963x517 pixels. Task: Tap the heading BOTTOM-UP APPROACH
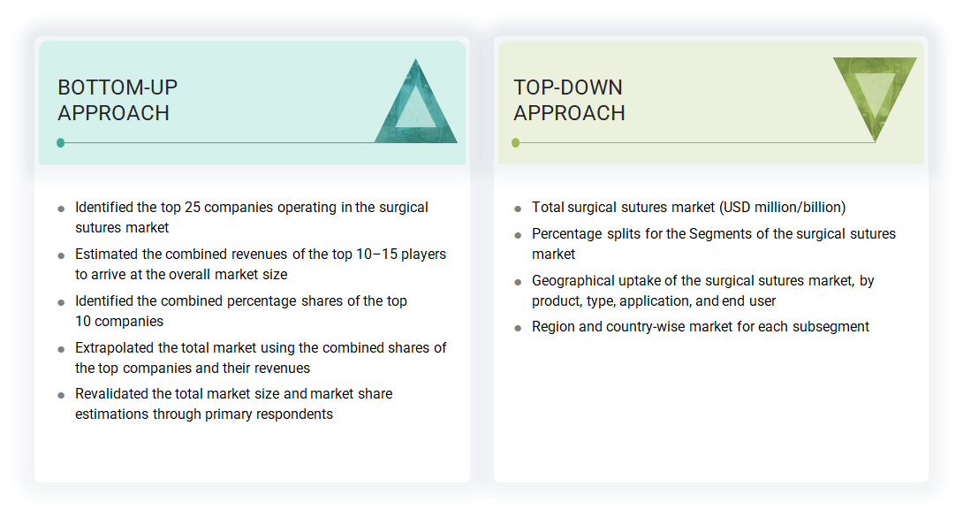pyautogui.click(x=118, y=100)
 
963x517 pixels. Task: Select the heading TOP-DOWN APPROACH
pyautogui.click(x=569, y=100)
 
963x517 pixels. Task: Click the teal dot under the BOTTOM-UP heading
pyautogui.click(x=60, y=142)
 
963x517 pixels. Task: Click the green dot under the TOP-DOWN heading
pyautogui.click(x=516, y=142)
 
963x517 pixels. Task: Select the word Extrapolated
pyautogui.click(x=116, y=348)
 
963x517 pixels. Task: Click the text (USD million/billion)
pyautogui.click(x=783, y=208)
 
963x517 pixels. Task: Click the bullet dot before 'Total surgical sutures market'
pyautogui.click(x=518, y=209)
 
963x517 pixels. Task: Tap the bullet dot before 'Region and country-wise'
pyautogui.click(x=518, y=329)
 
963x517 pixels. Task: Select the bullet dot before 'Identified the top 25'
pyautogui.click(x=61, y=209)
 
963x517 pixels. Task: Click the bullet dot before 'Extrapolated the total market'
pyautogui.click(x=61, y=350)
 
